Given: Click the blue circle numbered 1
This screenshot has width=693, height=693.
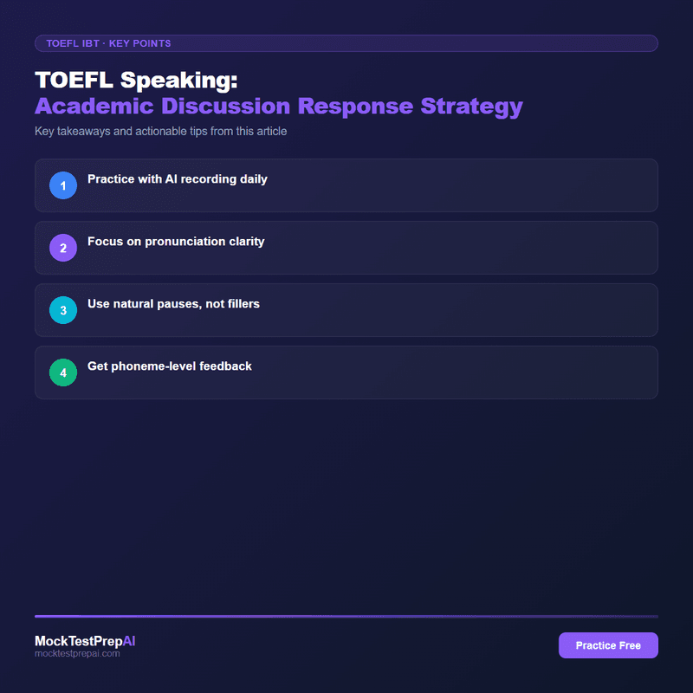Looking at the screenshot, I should [63, 185].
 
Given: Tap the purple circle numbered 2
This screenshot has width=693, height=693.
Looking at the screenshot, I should [63, 248].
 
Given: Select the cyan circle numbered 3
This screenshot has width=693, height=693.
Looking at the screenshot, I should [63, 310].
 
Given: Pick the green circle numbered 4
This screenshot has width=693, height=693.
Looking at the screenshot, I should [63, 372].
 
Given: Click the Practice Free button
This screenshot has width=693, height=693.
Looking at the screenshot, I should [608, 645].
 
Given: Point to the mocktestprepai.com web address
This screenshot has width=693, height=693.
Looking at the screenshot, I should [77, 654].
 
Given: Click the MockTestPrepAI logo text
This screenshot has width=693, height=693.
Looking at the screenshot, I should [85, 641].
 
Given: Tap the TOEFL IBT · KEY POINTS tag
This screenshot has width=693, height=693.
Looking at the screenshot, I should [108, 43].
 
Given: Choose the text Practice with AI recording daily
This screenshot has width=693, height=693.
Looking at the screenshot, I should [178, 179].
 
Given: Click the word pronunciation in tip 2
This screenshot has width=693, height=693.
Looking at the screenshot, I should [173, 242].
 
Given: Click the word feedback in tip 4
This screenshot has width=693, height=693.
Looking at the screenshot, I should [223, 366].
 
